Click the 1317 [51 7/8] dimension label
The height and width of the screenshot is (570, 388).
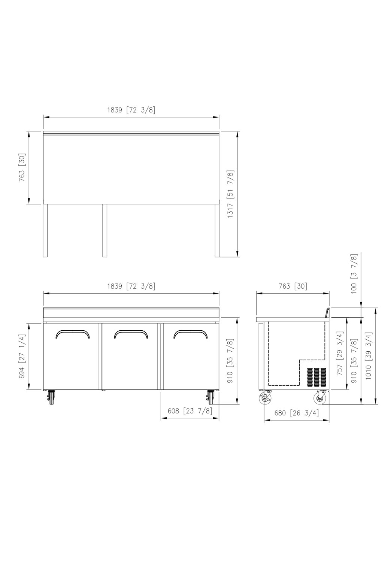point(230,194)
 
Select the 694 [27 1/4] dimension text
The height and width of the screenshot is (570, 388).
point(22,357)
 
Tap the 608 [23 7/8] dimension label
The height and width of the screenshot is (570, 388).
point(190,411)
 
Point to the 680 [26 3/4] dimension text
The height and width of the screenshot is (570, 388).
point(296,413)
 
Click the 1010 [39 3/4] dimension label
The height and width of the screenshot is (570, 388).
point(369,355)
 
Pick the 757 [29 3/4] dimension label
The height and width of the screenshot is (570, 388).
point(340,353)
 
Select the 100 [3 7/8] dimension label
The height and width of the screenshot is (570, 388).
point(354,274)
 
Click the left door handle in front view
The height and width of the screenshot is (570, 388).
point(73,331)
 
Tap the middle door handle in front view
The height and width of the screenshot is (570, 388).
point(131,331)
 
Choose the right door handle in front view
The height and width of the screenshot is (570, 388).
point(191,331)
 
